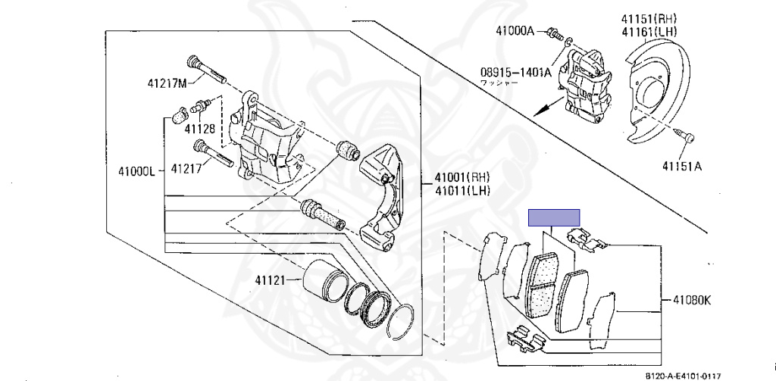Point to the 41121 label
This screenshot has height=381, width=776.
(270, 281)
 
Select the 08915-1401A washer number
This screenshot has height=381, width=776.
(515, 73)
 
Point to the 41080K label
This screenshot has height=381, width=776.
(691, 300)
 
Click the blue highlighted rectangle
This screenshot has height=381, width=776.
(553, 218)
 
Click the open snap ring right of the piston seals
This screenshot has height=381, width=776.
(405, 321)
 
